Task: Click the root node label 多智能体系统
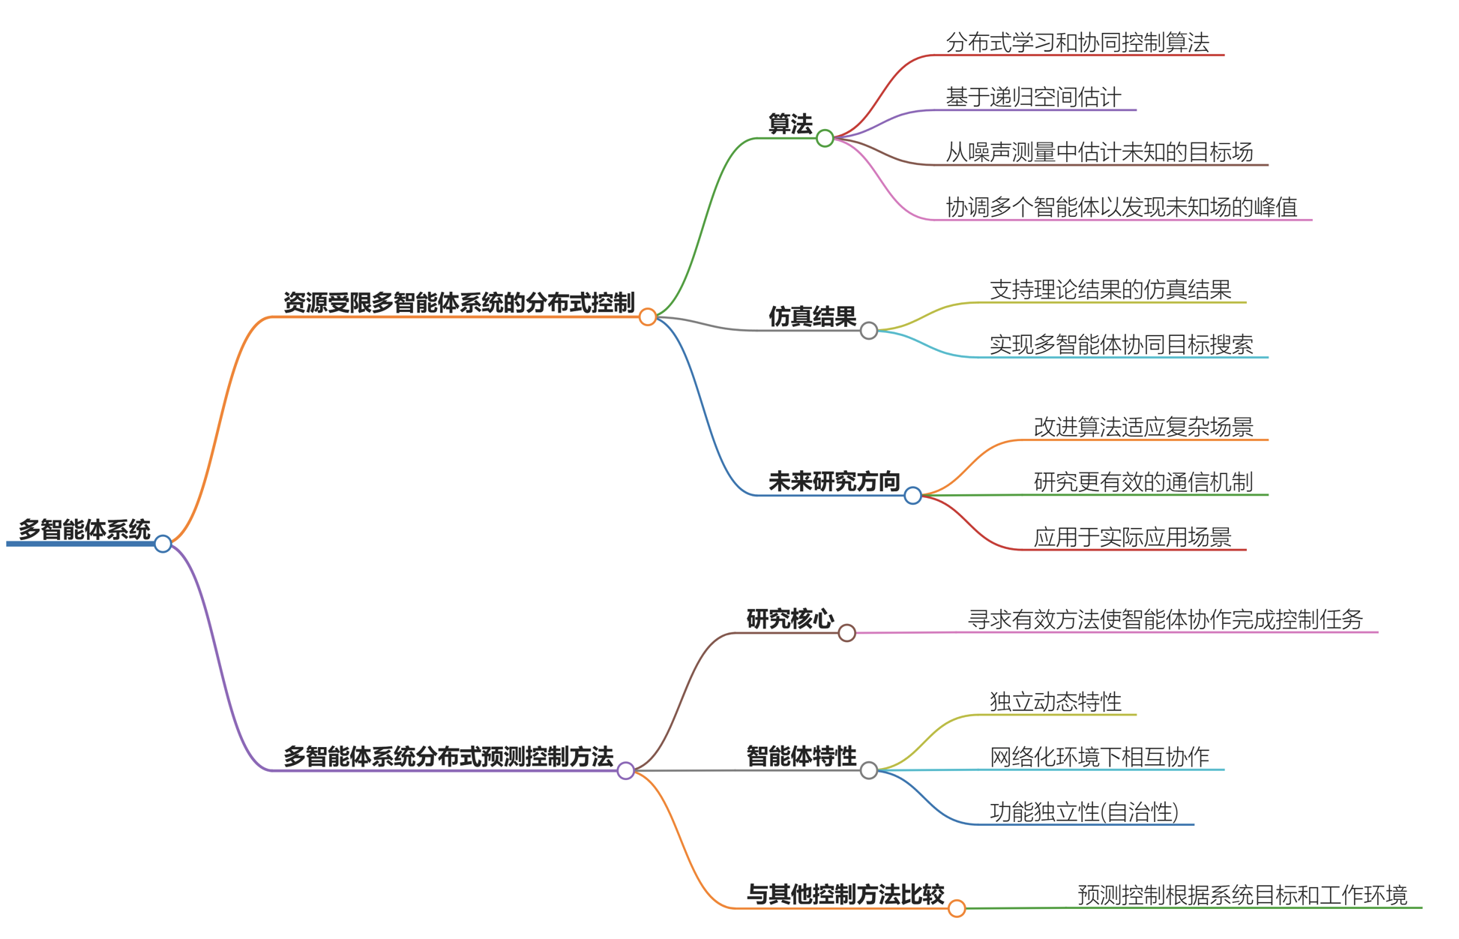(x=84, y=529)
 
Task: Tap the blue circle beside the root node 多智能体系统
(x=163, y=544)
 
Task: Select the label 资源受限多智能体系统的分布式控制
(x=459, y=303)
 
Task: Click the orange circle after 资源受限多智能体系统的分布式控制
(x=648, y=317)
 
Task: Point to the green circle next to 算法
(x=825, y=138)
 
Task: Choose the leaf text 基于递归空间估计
(x=1033, y=97)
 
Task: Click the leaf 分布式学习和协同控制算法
(x=1077, y=43)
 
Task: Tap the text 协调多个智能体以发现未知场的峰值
(x=1121, y=207)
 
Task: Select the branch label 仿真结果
(x=812, y=316)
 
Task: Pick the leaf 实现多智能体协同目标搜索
(x=1121, y=345)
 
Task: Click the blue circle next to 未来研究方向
(x=912, y=496)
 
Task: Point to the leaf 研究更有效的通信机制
(x=1143, y=482)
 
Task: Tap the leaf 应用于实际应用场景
(x=1132, y=537)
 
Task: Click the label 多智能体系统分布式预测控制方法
(x=448, y=757)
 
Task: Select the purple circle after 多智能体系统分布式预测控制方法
(x=626, y=770)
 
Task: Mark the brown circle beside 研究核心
(x=846, y=633)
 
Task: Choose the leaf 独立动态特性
(x=1055, y=702)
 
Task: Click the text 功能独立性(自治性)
(x=1084, y=812)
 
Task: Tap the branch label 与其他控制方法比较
(x=845, y=895)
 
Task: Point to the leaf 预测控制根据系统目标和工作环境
(x=1242, y=895)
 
